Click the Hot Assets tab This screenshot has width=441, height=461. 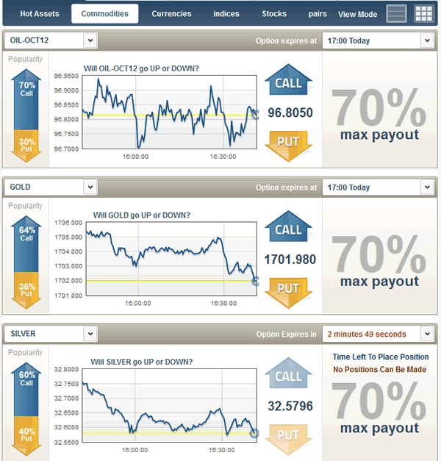(x=40, y=14)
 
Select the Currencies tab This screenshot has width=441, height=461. (x=171, y=14)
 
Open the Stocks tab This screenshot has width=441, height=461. (x=274, y=14)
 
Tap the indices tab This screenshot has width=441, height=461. (x=226, y=14)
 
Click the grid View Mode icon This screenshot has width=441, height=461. (x=424, y=13)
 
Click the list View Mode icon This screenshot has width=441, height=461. (x=396, y=13)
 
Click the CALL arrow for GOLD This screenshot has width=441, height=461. (x=288, y=229)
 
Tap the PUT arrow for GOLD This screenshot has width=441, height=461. (x=288, y=287)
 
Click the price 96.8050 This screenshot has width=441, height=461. (x=290, y=113)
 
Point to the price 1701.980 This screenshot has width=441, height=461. (x=291, y=260)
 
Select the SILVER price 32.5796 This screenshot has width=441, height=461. (x=290, y=406)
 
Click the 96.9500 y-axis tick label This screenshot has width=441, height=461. (x=67, y=76)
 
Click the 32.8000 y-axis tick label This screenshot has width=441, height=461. (x=67, y=369)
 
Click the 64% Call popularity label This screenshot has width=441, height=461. (x=26, y=234)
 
